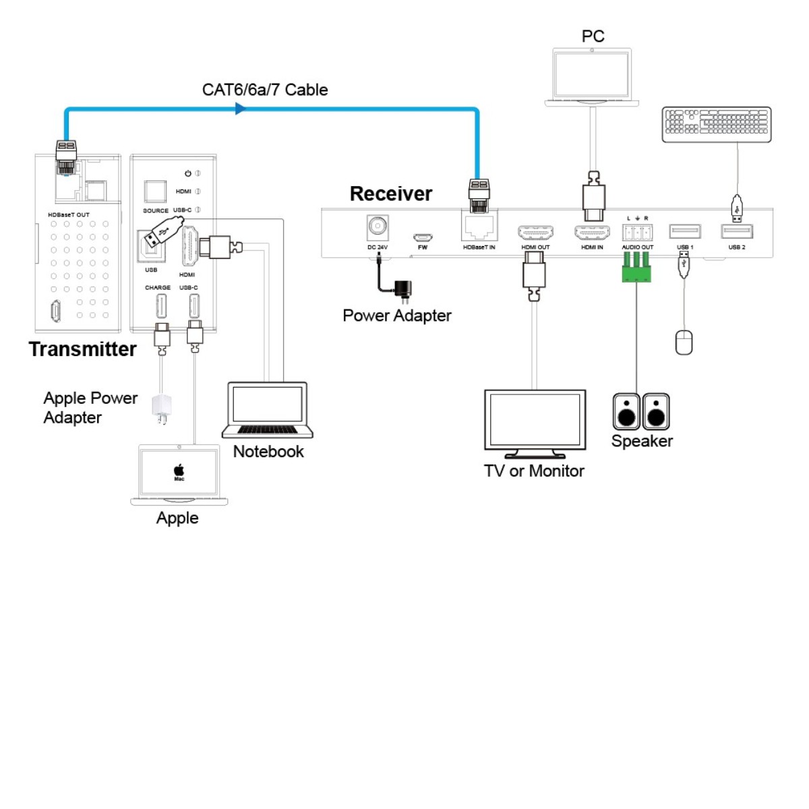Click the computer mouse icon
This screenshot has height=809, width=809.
coord(684,342)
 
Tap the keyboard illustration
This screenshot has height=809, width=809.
coord(716,124)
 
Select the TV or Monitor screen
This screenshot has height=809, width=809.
coord(535,419)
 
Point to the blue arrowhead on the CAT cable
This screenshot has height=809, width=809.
coord(240,109)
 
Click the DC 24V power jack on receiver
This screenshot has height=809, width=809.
coord(378,227)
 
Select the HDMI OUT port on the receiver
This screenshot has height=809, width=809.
coord(535,233)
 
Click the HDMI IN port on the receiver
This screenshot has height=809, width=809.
coord(592,233)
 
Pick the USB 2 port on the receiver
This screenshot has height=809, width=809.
coord(737,232)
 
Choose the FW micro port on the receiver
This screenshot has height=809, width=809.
coord(423,237)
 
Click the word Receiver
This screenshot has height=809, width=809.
coord(390,194)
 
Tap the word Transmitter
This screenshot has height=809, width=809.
coord(82,349)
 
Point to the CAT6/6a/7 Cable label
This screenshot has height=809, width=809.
coord(265,90)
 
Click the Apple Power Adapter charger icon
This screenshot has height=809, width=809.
coord(162,409)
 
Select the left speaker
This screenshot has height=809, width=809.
coord(626,412)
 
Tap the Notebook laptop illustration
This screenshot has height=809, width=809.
coord(268,410)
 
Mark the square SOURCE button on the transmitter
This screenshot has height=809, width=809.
coord(155,191)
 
